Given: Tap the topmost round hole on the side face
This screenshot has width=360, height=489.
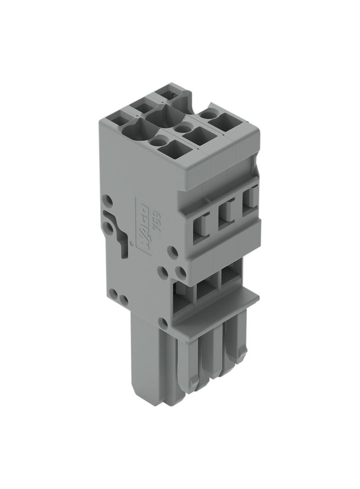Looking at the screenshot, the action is (108, 200).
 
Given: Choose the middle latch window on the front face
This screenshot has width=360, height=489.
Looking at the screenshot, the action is (225, 215).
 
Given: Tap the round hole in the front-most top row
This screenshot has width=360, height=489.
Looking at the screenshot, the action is (155, 142).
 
